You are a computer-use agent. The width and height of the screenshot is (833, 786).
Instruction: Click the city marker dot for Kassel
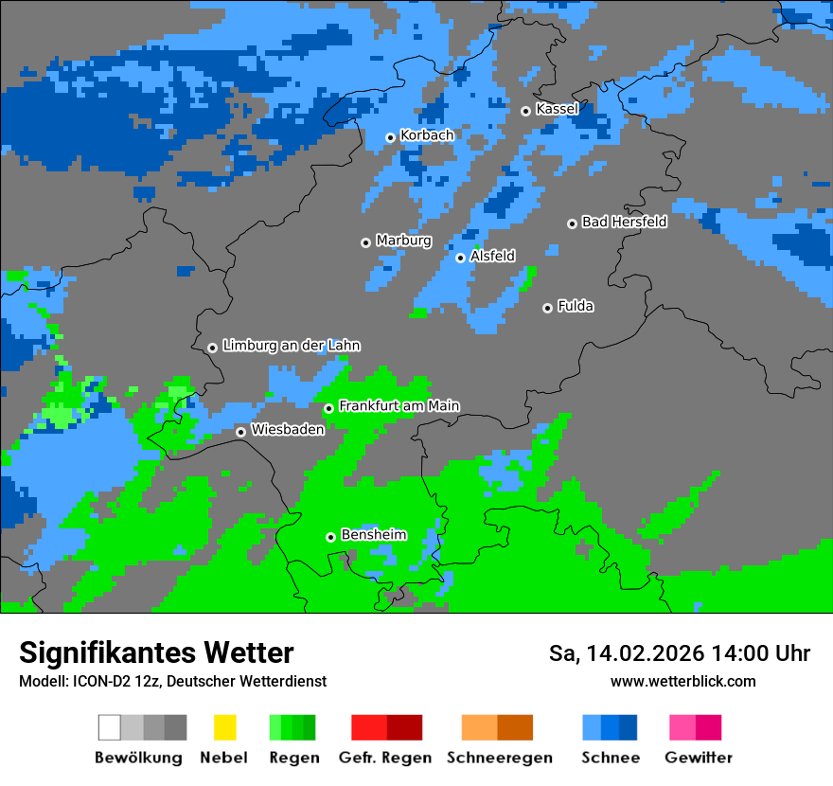pyautogui.click(x=525, y=111)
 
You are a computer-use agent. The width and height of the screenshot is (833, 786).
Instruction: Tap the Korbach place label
pyautogui.click(x=427, y=135)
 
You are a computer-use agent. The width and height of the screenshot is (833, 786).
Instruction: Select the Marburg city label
pyautogui.click(x=403, y=241)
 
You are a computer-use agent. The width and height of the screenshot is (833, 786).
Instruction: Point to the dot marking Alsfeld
pyautogui.click(x=460, y=258)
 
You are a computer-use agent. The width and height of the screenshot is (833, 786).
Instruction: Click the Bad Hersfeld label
pyautogui.click(x=624, y=222)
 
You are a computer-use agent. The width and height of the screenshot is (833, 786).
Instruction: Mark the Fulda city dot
pyautogui.click(x=547, y=308)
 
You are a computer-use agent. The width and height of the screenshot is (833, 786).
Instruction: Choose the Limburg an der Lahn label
pyautogui.click(x=291, y=346)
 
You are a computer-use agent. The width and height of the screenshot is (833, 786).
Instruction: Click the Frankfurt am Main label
pyautogui.click(x=399, y=406)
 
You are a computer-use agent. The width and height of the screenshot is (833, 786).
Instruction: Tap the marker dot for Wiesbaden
pyautogui.click(x=240, y=432)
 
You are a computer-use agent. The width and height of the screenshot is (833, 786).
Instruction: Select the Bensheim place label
pyautogui.click(x=373, y=535)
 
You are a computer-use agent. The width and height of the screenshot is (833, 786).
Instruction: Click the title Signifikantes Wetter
pyautogui.click(x=156, y=652)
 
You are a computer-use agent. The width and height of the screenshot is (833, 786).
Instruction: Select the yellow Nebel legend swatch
pyautogui.click(x=224, y=727)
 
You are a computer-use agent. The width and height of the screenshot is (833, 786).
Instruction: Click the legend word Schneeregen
pyautogui.click(x=499, y=758)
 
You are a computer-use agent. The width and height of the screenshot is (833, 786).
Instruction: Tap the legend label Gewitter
pyautogui.click(x=698, y=758)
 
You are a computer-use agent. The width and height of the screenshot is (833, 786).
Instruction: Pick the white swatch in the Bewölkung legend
pyautogui.click(x=109, y=727)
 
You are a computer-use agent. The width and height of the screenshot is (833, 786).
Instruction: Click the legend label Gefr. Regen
pyautogui.click(x=385, y=758)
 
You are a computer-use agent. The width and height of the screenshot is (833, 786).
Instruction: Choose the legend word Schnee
pyautogui.click(x=610, y=758)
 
